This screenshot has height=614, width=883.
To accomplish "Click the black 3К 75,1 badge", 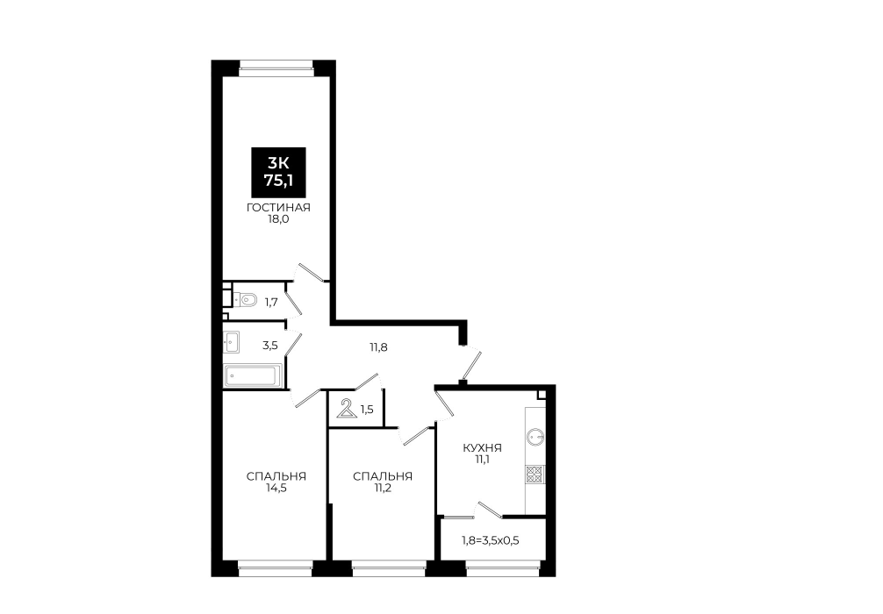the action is pyautogui.click(x=279, y=172).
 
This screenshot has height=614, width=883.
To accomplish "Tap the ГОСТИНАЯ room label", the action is pyautogui.click(x=278, y=208).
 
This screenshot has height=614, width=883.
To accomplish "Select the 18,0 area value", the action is pyautogui.click(x=278, y=219).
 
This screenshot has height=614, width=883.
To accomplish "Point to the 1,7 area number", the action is pyautogui.click(x=271, y=303).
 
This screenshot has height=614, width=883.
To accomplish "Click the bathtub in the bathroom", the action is pyautogui.click(x=253, y=376).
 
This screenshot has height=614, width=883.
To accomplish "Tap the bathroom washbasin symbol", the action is pyautogui.click(x=232, y=341).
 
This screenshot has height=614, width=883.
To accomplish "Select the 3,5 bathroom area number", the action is pyautogui.click(x=270, y=346).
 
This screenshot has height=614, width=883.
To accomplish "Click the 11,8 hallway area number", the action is pyautogui.click(x=378, y=347).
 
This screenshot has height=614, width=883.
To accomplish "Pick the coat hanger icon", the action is pyautogui.click(x=347, y=409).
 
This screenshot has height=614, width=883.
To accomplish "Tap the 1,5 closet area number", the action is pyautogui.click(x=367, y=410).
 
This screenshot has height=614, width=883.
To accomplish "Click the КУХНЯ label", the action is pyautogui.click(x=482, y=448).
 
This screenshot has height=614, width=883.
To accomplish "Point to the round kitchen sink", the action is pyautogui.click(x=535, y=436).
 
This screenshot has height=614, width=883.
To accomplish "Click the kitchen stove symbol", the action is pyautogui.click(x=535, y=475).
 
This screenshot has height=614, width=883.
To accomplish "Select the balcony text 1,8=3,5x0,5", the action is pyautogui.click(x=491, y=541).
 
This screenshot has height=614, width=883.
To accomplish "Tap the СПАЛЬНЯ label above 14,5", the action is pyautogui.click(x=276, y=476).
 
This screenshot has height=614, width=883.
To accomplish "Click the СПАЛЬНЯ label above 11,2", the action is pyautogui.click(x=383, y=476).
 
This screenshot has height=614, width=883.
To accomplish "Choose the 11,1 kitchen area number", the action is pyautogui.click(x=482, y=460).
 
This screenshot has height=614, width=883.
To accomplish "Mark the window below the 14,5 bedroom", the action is pyautogui.click(x=275, y=568).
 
